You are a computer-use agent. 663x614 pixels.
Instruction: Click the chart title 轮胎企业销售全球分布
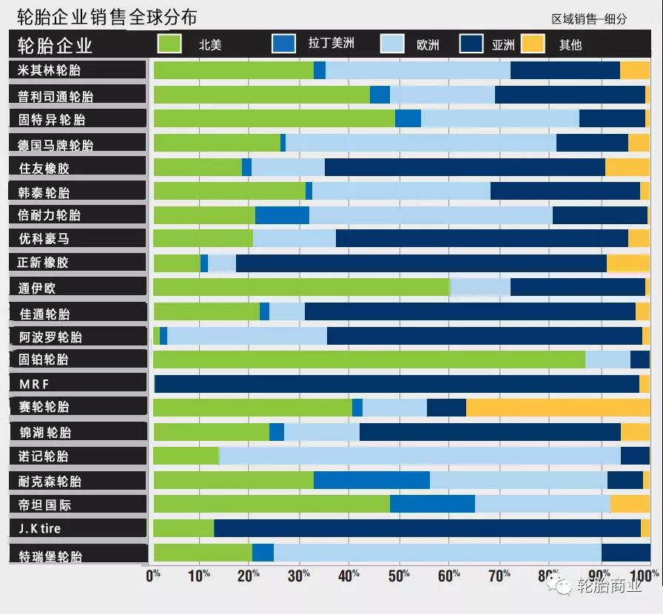tap(107, 16)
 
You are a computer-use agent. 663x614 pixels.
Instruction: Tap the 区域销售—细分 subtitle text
tap(589, 19)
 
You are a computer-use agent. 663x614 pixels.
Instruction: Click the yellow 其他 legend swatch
tap(533, 44)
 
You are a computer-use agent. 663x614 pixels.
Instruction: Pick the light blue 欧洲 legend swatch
tap(391, 44)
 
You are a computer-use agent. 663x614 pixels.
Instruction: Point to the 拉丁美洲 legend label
tap(331, 44)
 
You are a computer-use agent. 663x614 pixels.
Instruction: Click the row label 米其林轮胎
tap(50, 70)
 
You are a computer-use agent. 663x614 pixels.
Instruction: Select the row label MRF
tap(35, 383)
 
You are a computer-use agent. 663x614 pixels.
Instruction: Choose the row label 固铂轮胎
tap(44, 360)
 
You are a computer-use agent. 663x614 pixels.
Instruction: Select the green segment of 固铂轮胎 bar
tap(368, 360)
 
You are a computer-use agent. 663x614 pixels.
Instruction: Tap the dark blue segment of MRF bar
tap(397, 383)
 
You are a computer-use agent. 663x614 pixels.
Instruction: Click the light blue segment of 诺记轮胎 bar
tap(420, 456)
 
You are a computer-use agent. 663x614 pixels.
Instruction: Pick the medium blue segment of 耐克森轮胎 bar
tap(371, 480)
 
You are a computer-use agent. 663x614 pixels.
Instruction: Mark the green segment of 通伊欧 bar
tap(301, 287)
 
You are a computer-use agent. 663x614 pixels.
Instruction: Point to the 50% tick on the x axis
tap(400, 575)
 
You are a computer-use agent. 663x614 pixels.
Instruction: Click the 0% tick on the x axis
tap(153, 575)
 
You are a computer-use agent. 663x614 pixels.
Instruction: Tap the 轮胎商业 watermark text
tap(609, 587)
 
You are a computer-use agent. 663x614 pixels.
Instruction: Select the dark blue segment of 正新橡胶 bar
tap(421, 263)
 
